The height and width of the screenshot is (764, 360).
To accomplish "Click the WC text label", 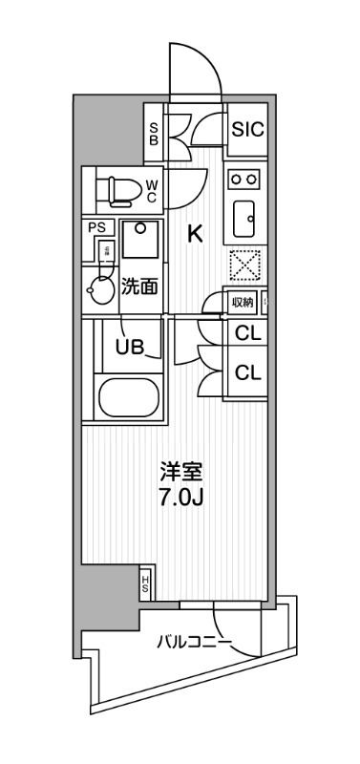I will [151, 192].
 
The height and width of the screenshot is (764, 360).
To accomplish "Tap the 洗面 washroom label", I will [138, 286].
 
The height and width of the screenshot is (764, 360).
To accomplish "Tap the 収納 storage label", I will [243, 303].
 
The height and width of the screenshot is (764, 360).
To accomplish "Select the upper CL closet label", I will [247, 333].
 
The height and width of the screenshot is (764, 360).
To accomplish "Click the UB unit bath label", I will [131, 347].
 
